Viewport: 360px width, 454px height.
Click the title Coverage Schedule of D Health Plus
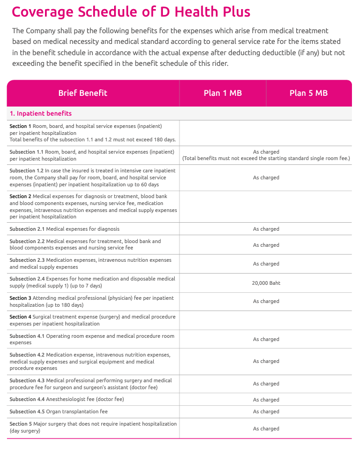pos(131,12)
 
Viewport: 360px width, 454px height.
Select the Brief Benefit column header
pos(82,93)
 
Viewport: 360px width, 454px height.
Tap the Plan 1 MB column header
pos(222,93)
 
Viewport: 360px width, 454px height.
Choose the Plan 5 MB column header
pos(308,93)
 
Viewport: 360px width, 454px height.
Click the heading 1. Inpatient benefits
pos(41,113)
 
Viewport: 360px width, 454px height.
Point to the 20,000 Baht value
pos(266,283)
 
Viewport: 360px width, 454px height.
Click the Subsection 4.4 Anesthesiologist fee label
pos(66,399)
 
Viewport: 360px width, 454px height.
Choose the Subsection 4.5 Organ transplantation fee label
pos(58,412)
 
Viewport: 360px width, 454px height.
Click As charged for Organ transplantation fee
pos(266,412)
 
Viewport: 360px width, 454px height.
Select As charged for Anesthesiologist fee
pos(266,400)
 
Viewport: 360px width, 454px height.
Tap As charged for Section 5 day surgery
pos(266,429)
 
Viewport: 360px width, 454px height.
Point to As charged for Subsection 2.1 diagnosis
pos(266,229)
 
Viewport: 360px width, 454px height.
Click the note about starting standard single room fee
pos(266,158)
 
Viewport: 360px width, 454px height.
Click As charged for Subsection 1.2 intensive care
pos(266,178)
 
